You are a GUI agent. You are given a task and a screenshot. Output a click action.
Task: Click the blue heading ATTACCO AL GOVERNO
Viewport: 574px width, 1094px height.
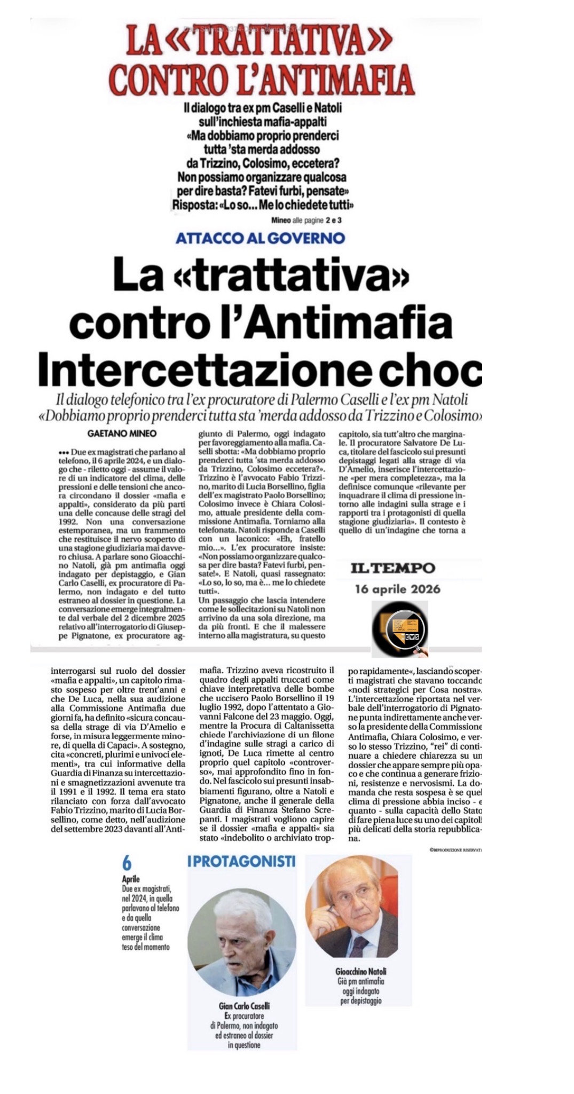260,238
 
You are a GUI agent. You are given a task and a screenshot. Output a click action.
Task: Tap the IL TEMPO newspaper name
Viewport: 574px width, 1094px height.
392,568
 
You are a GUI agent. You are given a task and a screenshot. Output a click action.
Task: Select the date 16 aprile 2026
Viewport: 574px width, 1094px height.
398,589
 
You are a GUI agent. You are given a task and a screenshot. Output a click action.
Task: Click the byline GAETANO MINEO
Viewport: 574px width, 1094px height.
122,433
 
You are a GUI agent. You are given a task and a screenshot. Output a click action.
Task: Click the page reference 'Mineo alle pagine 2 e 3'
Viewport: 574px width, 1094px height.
306,220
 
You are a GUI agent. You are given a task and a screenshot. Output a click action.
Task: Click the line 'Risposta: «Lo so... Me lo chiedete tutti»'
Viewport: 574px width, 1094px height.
263,205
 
